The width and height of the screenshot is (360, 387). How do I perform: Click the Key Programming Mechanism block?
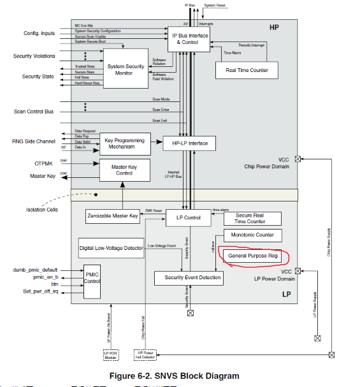(x=125, y=143)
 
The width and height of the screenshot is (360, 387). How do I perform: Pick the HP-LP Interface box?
(x=190, y=143)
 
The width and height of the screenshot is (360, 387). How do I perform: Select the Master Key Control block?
(x=125, y=169)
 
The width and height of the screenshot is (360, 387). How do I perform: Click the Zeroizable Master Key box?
(x=112, y=217)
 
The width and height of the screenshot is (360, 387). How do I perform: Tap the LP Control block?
(x=184, y=218)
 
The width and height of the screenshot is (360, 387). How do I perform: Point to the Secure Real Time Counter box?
(x=250, y=219)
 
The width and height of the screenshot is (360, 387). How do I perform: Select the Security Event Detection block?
(x=188, y=278)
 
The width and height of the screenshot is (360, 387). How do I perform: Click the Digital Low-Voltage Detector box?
(x=112, y=247)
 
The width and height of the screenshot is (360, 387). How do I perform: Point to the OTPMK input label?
(x=43, y=164)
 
